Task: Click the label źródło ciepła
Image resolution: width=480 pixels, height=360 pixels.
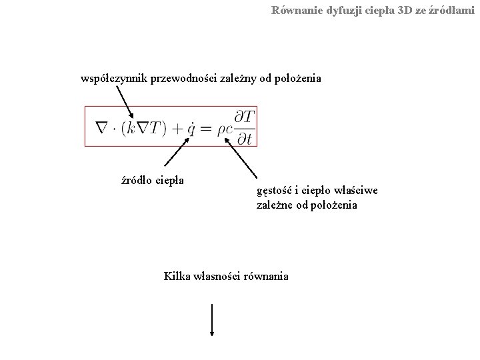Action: point(152,179)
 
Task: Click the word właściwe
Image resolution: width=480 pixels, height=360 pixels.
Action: point(358,191)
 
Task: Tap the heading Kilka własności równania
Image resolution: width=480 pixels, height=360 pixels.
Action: point(226,275)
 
